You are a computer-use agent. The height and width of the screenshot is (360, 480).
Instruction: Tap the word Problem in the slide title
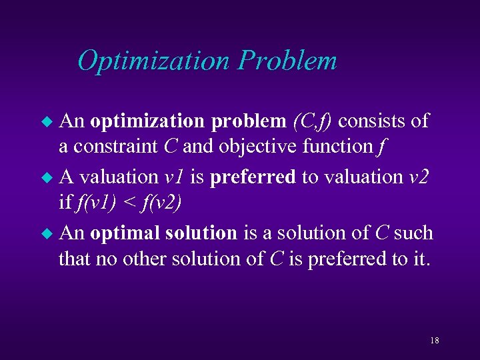(287, 61)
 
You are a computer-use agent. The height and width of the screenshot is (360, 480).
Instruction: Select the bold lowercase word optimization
(148, 122)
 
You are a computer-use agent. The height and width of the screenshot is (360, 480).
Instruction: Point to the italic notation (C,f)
(313, 121)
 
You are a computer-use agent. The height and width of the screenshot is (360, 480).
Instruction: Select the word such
(413, 233)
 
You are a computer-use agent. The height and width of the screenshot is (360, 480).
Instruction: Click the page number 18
(434, 341)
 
